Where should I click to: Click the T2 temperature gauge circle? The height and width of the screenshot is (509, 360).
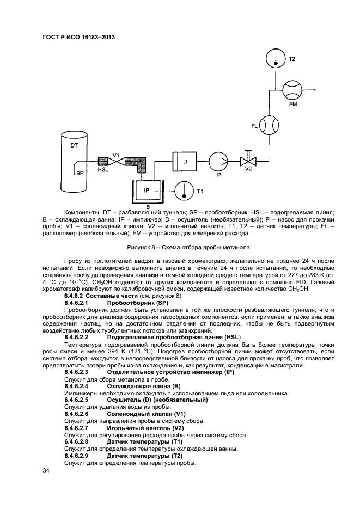(x=276, y=58)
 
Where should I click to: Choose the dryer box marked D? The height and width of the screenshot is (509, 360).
(x=185, y=161)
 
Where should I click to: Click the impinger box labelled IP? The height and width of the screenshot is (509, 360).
(x=147, y=191)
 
